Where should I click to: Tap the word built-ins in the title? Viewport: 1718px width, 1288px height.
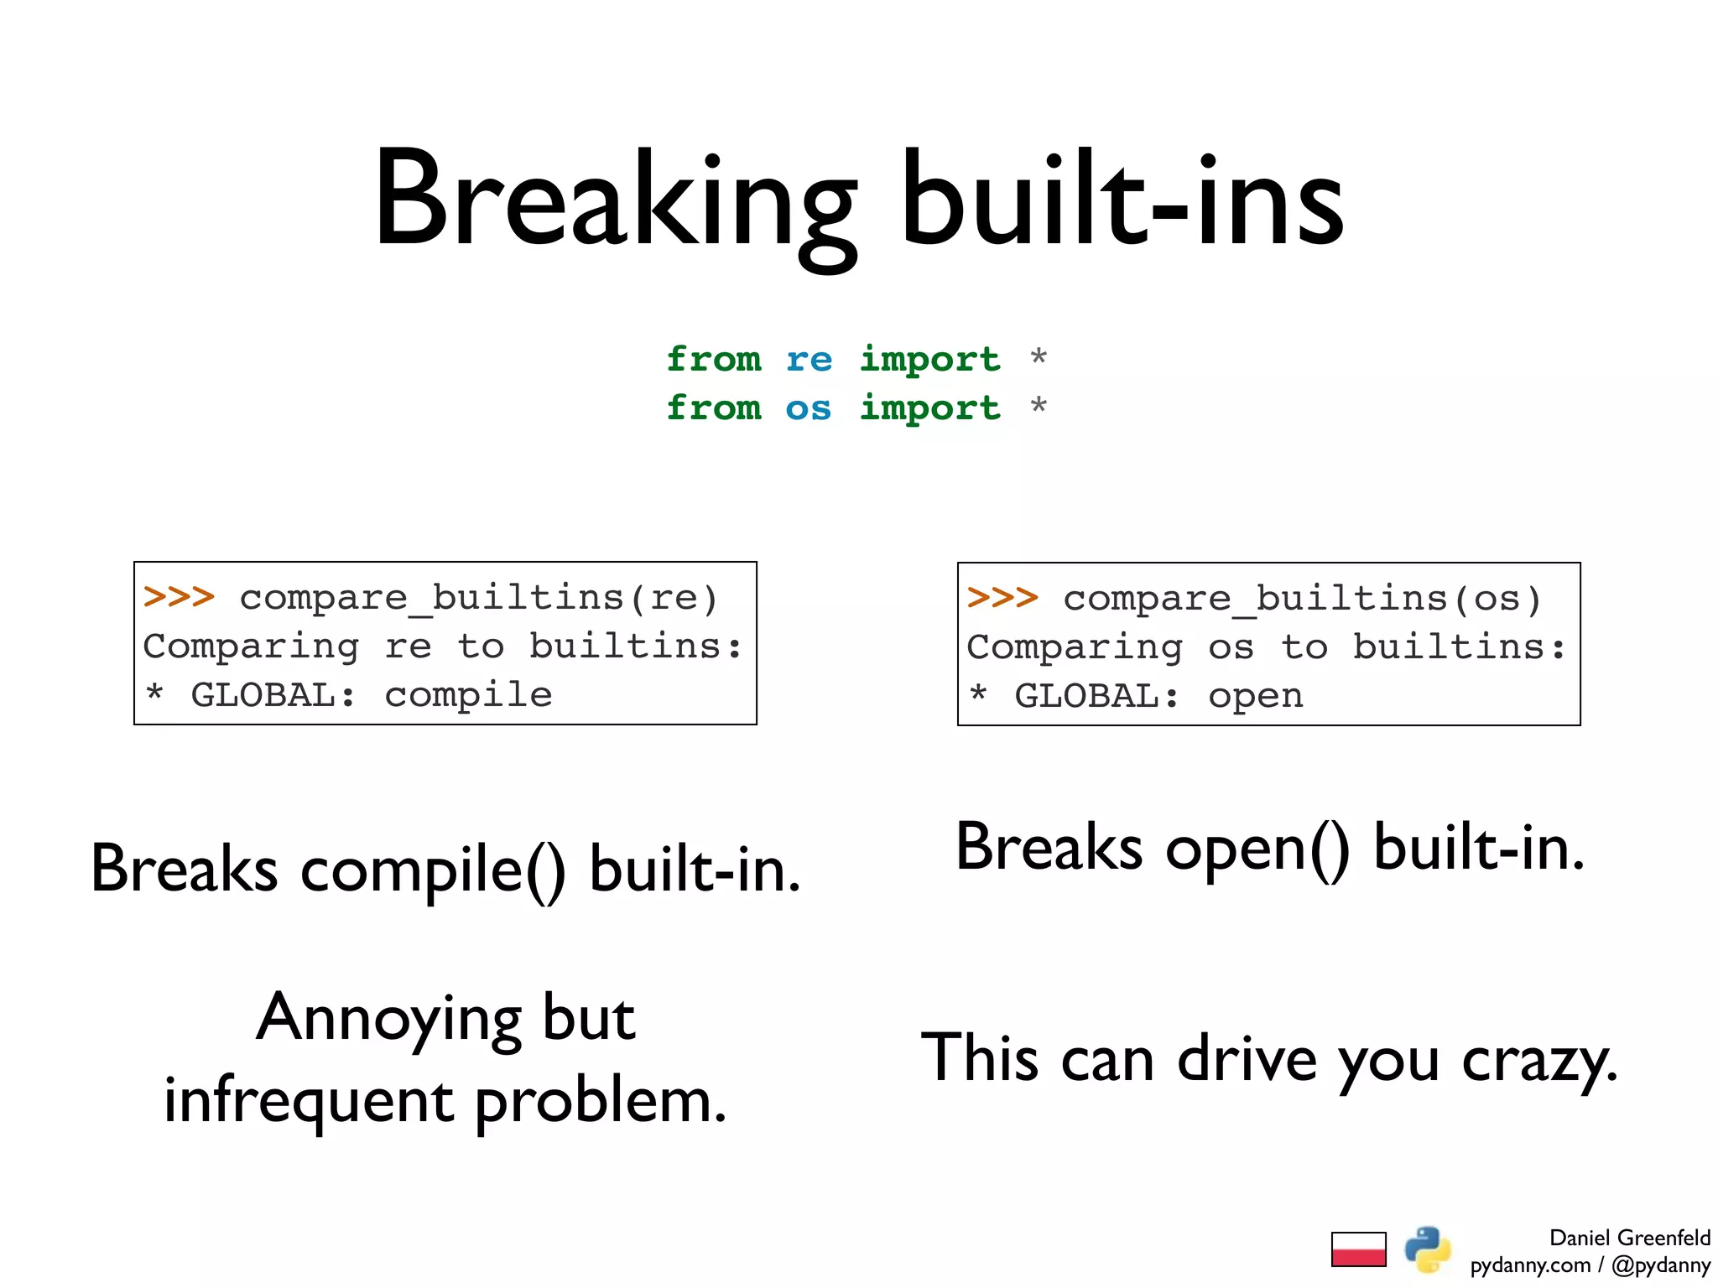(1122, 201)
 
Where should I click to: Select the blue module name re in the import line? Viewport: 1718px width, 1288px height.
(809, 360)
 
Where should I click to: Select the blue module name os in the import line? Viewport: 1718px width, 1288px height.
(808, 408)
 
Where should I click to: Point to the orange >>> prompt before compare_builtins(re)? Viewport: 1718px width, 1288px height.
(179, 597)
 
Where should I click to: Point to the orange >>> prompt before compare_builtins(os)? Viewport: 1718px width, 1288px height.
(1002, 598)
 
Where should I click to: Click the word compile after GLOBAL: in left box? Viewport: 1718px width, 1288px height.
(468, 695)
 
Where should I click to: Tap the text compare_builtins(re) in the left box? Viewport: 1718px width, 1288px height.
(479, 598)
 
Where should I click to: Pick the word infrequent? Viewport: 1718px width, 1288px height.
(309, 1101)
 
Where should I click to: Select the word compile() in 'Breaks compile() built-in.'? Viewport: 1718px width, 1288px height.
(433, 870)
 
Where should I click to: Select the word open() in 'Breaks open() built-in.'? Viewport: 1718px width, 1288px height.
(1257, 849)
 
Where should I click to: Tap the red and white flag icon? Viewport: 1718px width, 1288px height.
(1358, 1249)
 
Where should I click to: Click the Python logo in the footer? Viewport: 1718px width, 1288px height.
(1427, 1249)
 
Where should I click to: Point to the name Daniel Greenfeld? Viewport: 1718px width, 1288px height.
(1629, 1238)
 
